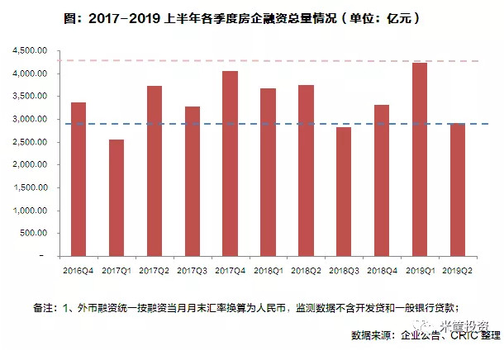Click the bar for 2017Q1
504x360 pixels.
click(x=116, y=198)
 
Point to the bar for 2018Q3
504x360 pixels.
click(x=344, y=192)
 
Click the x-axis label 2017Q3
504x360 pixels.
click(x=192, y=270)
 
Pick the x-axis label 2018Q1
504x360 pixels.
click(x=268, y=270)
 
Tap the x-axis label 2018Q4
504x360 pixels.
click(x=382, y=270)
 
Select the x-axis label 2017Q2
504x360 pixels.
click(x=154, y=270)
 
